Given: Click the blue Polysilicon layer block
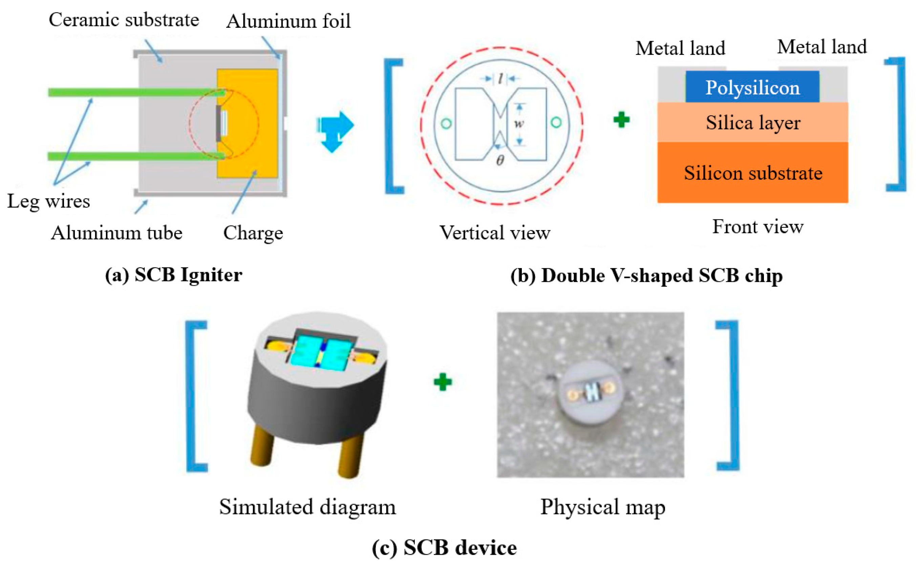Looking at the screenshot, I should pos(752,87).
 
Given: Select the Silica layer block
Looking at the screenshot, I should pos(753,123).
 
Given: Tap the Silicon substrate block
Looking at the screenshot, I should pos(753,173).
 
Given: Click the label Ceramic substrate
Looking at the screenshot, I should pos(124,20).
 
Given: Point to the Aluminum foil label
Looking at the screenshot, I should pos(289,21).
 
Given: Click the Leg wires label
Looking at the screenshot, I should pos(49,201).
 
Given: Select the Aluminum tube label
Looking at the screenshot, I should pos(116,233).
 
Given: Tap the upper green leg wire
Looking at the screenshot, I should pos(131,92).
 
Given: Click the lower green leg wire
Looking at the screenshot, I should pos(131,156).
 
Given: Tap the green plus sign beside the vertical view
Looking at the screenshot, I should pos(621,120).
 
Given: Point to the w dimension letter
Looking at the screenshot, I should pos(519,123).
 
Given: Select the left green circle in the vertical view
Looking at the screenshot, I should pos(446,124).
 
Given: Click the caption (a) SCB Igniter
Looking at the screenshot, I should pos(173,275).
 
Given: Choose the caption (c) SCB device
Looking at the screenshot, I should pos(444,548).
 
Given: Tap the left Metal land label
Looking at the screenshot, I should pos(680,48).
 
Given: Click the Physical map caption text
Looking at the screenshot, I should pos(602,507).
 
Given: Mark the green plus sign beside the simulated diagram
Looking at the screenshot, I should pos(443,382).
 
